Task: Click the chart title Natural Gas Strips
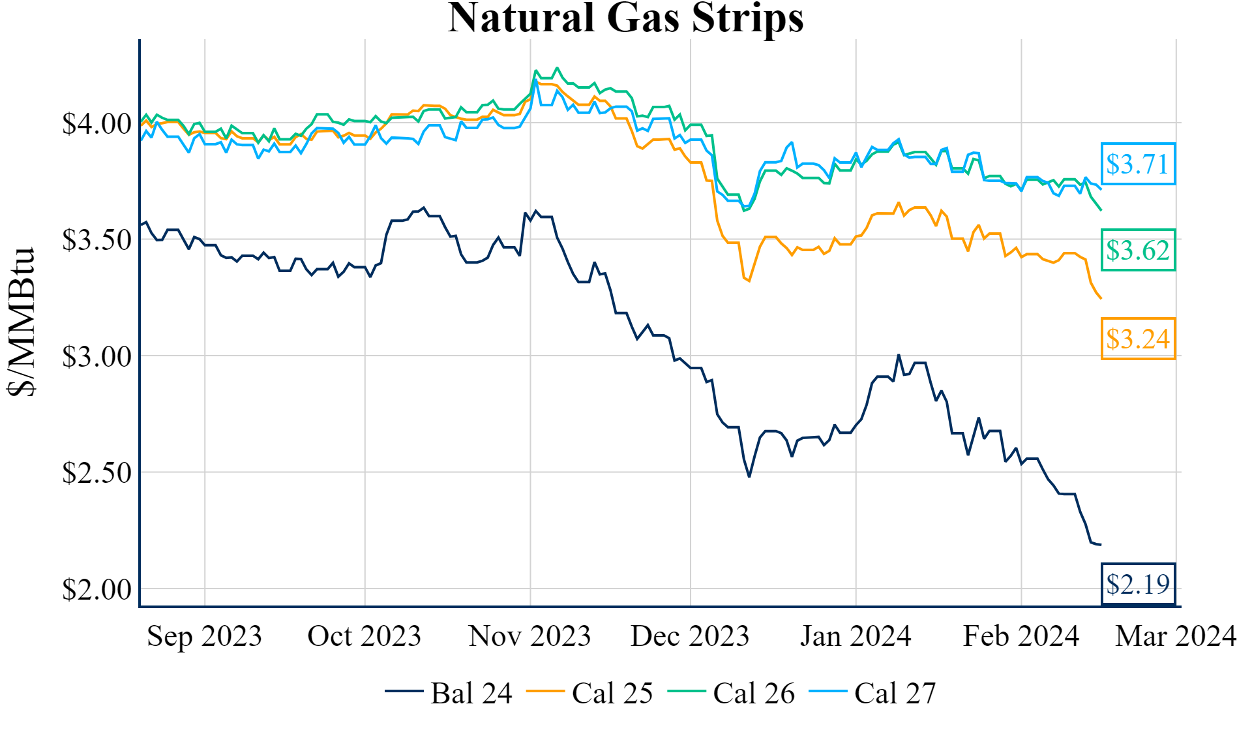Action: [x=625, y=18]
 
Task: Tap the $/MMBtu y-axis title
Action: [x=21, y=321]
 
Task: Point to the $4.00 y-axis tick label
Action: [x=97, y=123]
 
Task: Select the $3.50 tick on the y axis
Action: [x=97, y=239]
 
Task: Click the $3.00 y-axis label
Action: [x=97, y=356]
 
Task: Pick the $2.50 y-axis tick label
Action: [x=97, y=472]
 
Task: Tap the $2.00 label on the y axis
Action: [x=97, y=589]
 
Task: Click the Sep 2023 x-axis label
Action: [x=204, y=636]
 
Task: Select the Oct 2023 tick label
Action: [x=365, y=636]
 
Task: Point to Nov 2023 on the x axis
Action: [x=529, y=636]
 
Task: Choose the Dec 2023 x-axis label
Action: [x=690, y=636]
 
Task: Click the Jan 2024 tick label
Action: [x=856, y=636]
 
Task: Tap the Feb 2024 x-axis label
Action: [x=1021, y=636]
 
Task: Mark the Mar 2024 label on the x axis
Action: [x=1176, y=636]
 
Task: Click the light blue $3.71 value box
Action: [x=1138, y=164]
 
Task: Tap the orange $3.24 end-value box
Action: [x=1138, y=339]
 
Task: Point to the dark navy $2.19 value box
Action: [x=1138, y=584]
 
